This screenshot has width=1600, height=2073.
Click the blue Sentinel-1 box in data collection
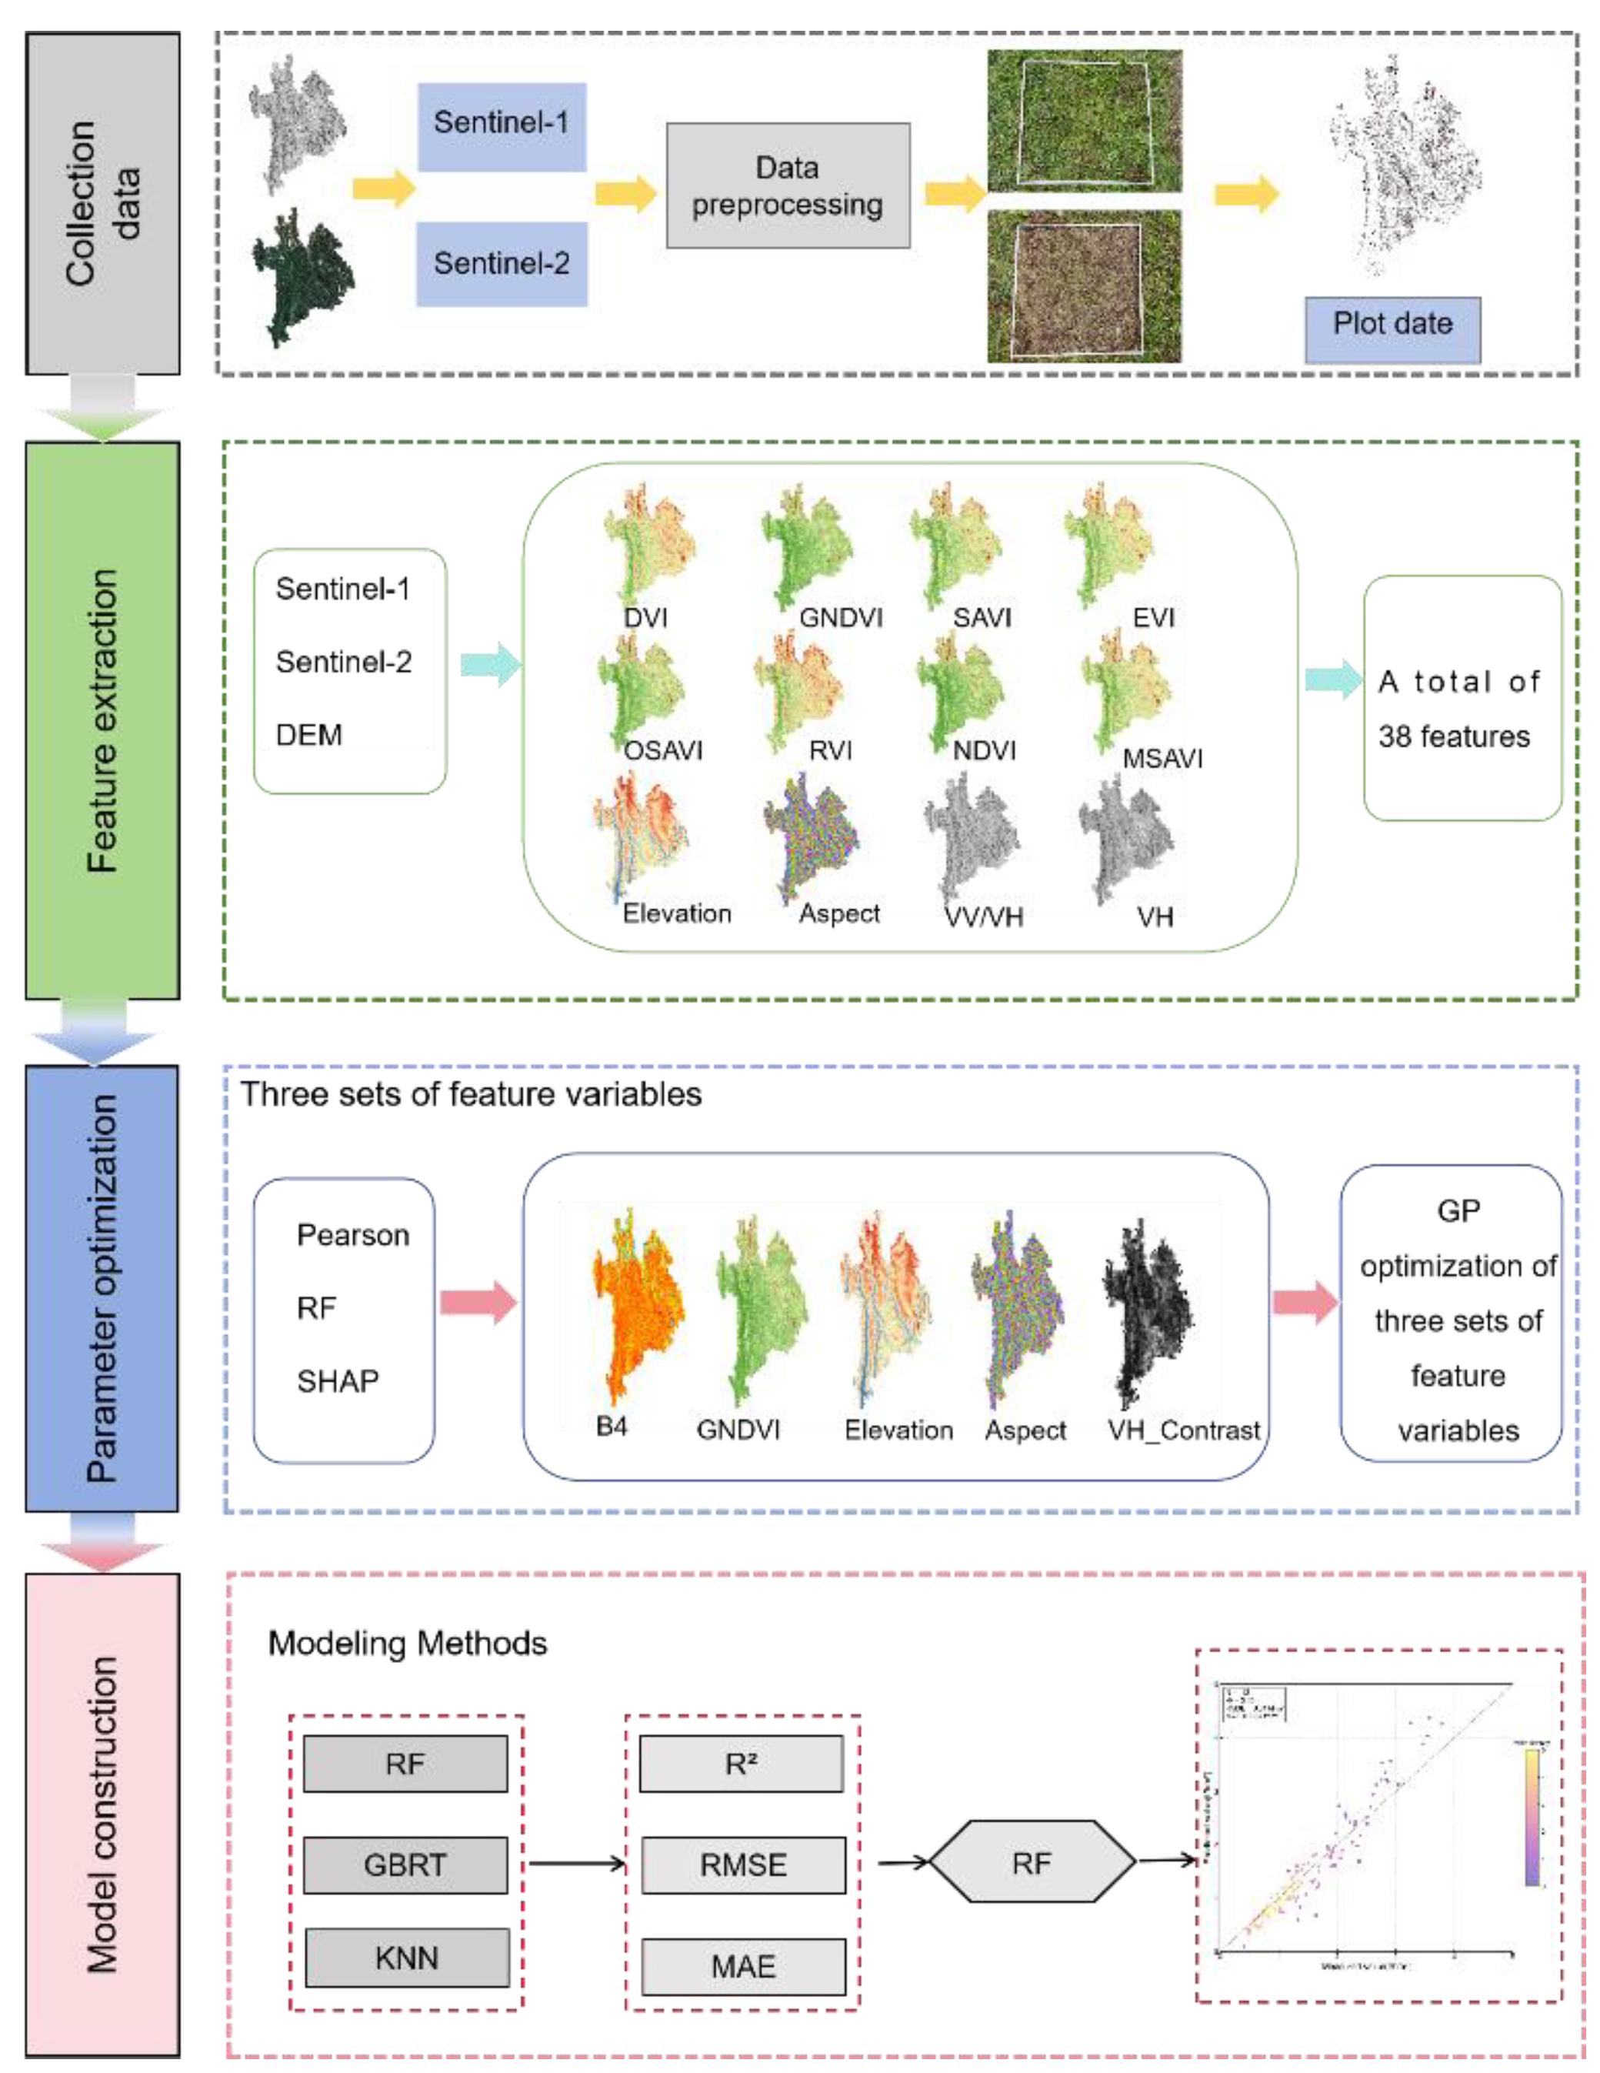click(501, 126)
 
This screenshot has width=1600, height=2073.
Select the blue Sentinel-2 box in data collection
click(501, 264)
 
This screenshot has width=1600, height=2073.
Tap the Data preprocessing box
click(787, 186)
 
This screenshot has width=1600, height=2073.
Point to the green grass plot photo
click(1084, 121)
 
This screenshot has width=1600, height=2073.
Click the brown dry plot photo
click(1084, 287)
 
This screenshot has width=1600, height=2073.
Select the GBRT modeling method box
click(405, 1864)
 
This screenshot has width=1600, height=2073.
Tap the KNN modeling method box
click(406, 1958)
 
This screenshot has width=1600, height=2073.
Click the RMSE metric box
click(743, 1864)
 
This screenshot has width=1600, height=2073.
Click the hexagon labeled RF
click(1032, 1862)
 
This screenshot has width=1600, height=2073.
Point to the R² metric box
click(742, 1764)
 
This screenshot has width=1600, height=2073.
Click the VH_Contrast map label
click(1183, 1430)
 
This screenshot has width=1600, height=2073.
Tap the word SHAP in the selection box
click(337, 1381)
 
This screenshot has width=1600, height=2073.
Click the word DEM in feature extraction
click(308, 735)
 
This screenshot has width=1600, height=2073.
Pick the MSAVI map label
click(1162, 759)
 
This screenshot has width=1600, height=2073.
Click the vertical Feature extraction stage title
click(102, 720)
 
